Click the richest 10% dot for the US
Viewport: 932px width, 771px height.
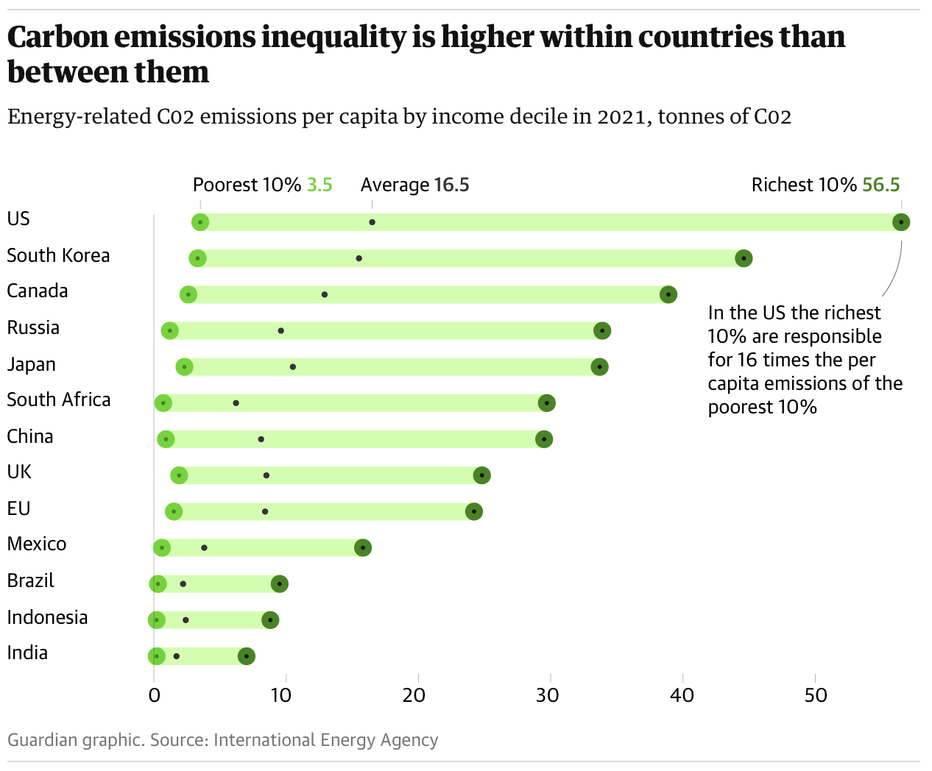tap(901, 222)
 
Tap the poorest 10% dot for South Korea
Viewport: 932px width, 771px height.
tap(197, 258)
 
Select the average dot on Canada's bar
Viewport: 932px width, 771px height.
tap(325, 294)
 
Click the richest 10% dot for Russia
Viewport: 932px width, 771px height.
tap(602, 330)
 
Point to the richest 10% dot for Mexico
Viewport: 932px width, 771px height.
tap(362, 547)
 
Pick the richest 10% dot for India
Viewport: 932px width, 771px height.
tap(247, 656)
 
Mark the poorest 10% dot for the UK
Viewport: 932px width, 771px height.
tap(179, 475)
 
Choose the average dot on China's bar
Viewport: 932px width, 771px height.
tap(261, 439)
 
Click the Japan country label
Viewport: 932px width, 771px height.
tap(31, 364)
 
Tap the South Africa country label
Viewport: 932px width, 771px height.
tap(59, 399)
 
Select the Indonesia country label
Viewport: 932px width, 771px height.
tap(47, 617)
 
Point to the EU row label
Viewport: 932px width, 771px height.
tap(18, 508)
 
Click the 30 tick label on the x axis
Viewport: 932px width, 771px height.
tap(548, 694)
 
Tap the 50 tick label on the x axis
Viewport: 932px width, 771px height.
tap(816, 694)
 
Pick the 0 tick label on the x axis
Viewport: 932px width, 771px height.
tap(154, 694)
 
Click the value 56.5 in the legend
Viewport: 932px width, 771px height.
tap(881, 185)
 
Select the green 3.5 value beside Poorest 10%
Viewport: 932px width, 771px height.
tap(320, 185)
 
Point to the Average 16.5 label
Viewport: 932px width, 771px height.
tap(414, 185)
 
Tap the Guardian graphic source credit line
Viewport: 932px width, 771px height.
tap(222, 739)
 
